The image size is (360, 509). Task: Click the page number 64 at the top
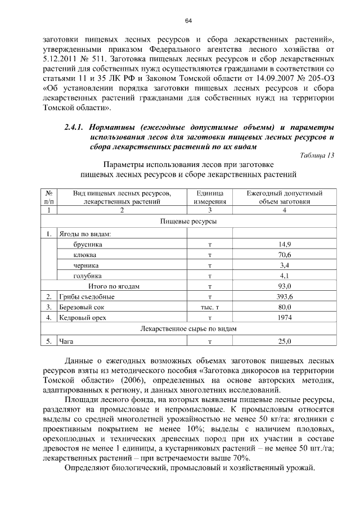point(188,21)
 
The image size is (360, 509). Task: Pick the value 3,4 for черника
point(285,265)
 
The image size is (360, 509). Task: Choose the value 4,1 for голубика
point(285,276)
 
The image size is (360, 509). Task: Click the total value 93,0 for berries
point(285,286)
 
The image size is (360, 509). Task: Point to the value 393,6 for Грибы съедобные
point(285,296)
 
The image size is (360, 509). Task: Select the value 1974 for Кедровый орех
point(285,318)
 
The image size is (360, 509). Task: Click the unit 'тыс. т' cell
point(209,308)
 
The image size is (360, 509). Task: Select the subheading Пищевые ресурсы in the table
point(188,222)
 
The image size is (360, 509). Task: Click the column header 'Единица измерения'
point(209,196)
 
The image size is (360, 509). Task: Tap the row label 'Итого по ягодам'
point(116,286)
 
